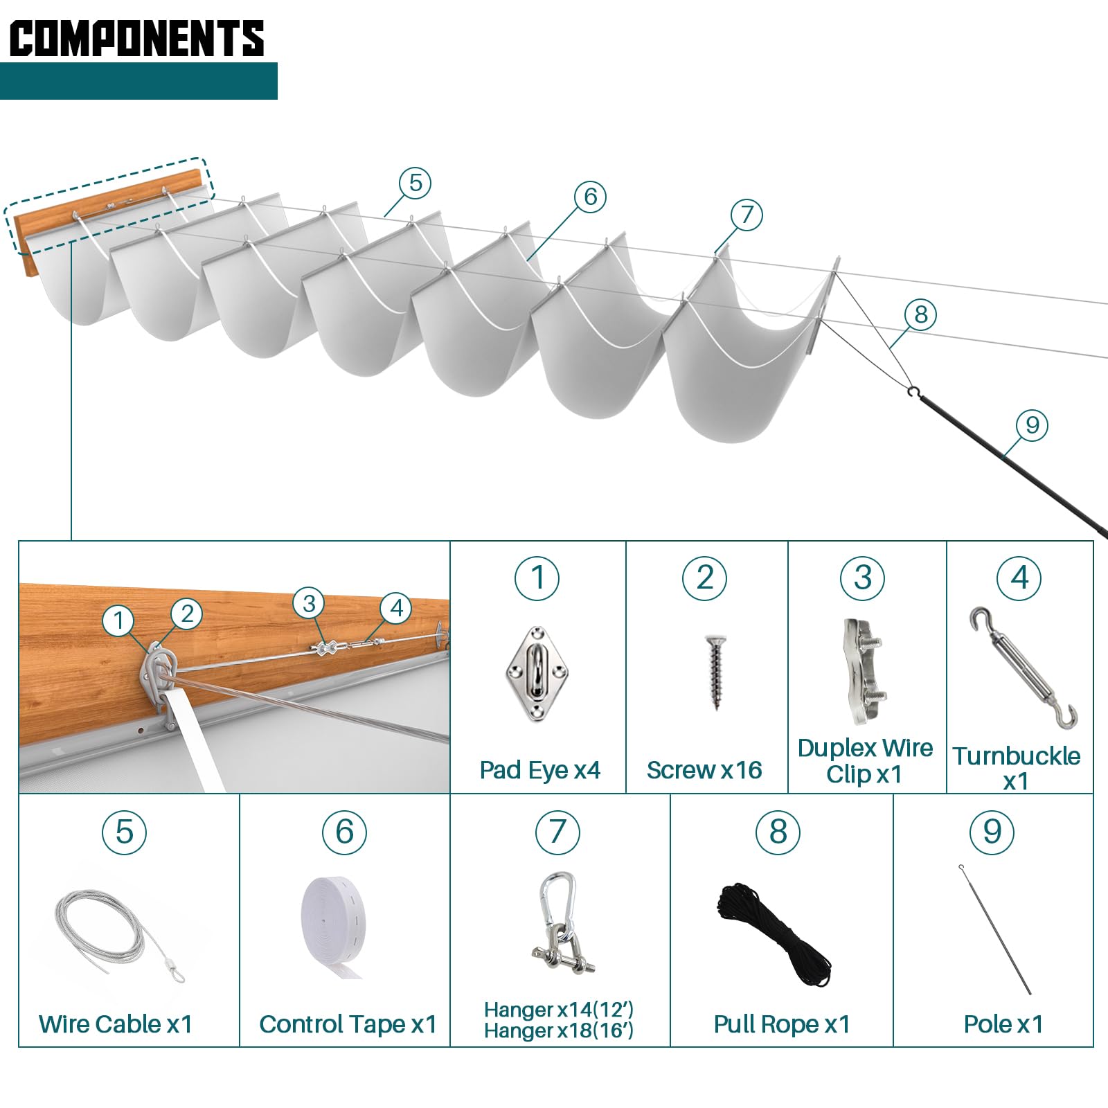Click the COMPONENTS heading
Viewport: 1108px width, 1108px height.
[136, 38]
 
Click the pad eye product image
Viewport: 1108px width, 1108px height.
[537, 674]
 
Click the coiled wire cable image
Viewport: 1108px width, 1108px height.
[118, 932]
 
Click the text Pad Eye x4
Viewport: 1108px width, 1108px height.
[539, 770]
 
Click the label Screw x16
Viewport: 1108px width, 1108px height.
[704, 770]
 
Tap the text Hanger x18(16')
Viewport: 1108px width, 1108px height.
[558, 1031]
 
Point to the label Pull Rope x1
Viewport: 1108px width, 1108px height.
[782, 1024]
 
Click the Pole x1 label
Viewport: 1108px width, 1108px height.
[1003, 1024]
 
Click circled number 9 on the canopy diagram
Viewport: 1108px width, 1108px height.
[1032, 425]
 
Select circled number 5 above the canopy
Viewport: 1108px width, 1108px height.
[415, 183]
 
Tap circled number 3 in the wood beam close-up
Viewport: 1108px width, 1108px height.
[309, 603]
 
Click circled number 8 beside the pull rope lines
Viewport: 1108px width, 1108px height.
[920, 314]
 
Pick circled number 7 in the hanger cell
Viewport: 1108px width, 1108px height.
[557, 832]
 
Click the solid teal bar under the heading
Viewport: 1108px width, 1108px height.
[138, 81]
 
